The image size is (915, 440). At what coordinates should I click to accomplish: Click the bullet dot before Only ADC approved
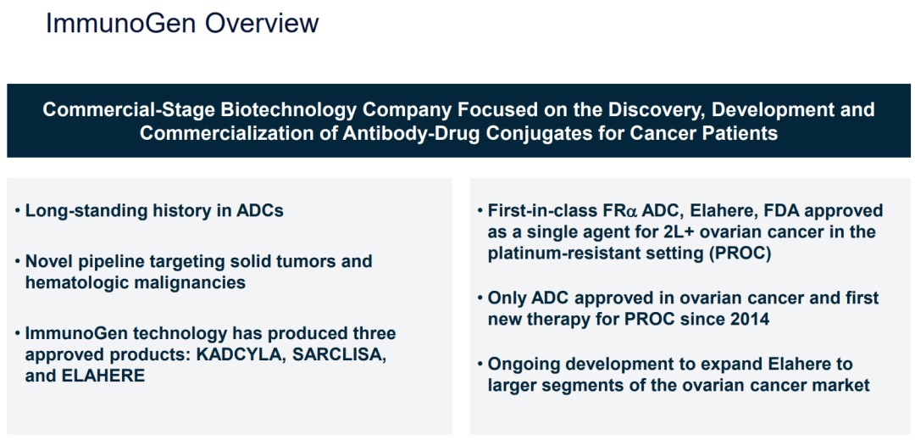point(480,298)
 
